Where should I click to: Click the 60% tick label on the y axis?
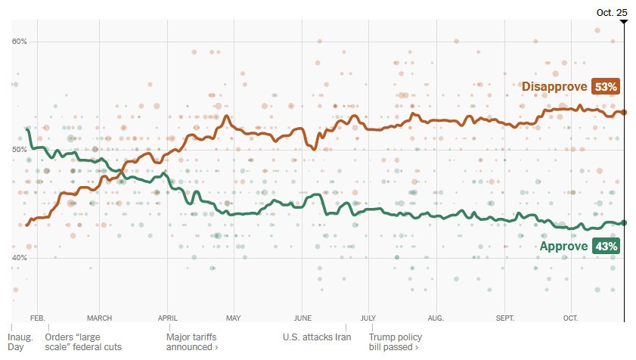pos(19,41)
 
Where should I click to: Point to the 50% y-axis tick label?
pos(19,150)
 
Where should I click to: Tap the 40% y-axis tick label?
pos(19,258)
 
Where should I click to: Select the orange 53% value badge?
pos(606,87)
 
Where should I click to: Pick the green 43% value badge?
pos(606,246)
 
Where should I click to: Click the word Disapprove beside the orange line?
pos(555,87)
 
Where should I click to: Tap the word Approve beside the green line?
pos(563,246)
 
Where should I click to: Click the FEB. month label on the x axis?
pos(38,318)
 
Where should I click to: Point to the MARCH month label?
pos(100,318)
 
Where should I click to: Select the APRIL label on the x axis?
pos(167,318)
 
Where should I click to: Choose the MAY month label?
pos(233,318)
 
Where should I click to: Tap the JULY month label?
pos(368,318)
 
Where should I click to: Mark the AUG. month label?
pos(436,318)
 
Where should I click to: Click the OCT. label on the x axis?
pos(570,318)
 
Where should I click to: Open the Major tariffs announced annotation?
pos(193,342)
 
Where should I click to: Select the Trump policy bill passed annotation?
pos(395,342)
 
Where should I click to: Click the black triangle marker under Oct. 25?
pos(623,22)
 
